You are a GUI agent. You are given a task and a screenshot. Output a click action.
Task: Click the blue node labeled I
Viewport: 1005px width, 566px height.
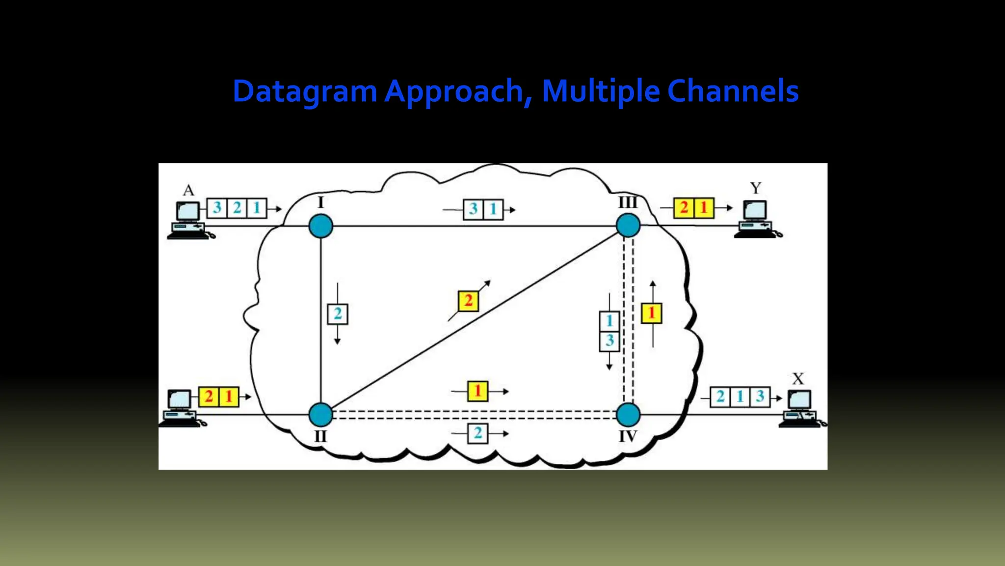pos(321,226)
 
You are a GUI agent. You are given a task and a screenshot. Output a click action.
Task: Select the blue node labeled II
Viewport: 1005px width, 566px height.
pos(321,415)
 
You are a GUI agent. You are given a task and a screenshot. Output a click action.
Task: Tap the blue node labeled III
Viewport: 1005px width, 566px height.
pos(628,226)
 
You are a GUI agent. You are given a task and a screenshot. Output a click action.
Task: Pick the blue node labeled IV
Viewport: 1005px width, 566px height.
pos(628,415)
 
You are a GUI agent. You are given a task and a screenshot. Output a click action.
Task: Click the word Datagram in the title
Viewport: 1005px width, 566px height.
pos(304,92)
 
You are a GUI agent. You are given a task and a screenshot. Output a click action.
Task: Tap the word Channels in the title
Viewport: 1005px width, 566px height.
pos(733,92)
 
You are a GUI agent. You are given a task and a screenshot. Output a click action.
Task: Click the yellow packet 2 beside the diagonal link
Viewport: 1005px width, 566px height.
pos(468,301)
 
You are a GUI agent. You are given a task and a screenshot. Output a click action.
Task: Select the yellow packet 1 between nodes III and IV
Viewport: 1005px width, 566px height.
pos(652,313)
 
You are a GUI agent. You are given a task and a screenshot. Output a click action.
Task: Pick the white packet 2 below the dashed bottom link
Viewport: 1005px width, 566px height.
pos(477,433)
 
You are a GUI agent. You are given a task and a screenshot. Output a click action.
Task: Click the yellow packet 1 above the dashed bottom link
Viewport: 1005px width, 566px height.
pos(477,392)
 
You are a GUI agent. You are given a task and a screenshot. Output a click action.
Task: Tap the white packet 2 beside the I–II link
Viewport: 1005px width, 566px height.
pos(338,314)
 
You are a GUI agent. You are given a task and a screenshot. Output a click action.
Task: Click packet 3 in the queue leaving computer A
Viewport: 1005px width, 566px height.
pos(217,208)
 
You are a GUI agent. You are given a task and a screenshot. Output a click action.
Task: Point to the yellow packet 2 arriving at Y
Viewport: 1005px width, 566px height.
pos(684,208)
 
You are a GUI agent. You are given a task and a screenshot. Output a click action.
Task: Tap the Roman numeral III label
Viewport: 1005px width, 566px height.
pos(628,202)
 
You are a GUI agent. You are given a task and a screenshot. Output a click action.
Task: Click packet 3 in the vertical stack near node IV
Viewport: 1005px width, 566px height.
pos(609,340)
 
